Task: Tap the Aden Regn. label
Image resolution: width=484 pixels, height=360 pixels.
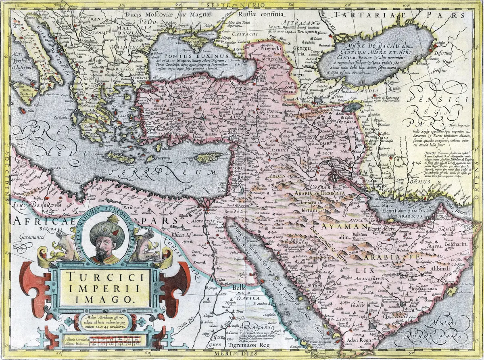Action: (x=359, y=340)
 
